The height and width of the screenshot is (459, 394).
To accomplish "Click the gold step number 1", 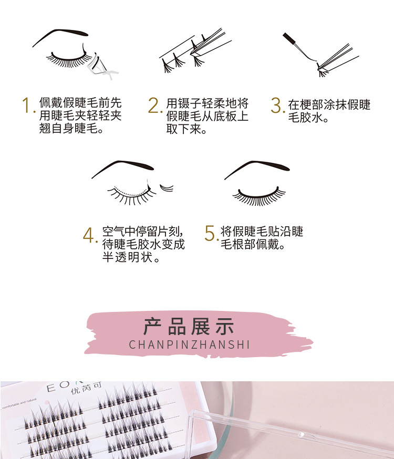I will [27, 105].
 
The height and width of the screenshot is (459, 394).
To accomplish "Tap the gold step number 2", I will [153, 105].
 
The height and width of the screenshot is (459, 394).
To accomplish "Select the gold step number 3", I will [276, 105].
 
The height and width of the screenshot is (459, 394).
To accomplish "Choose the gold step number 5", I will [210, 234].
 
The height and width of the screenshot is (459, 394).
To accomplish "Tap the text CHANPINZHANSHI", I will [189, 345].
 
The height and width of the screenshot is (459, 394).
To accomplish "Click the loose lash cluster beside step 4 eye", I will [167, 187].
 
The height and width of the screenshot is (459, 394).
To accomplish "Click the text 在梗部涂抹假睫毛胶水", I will [329, 110].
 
